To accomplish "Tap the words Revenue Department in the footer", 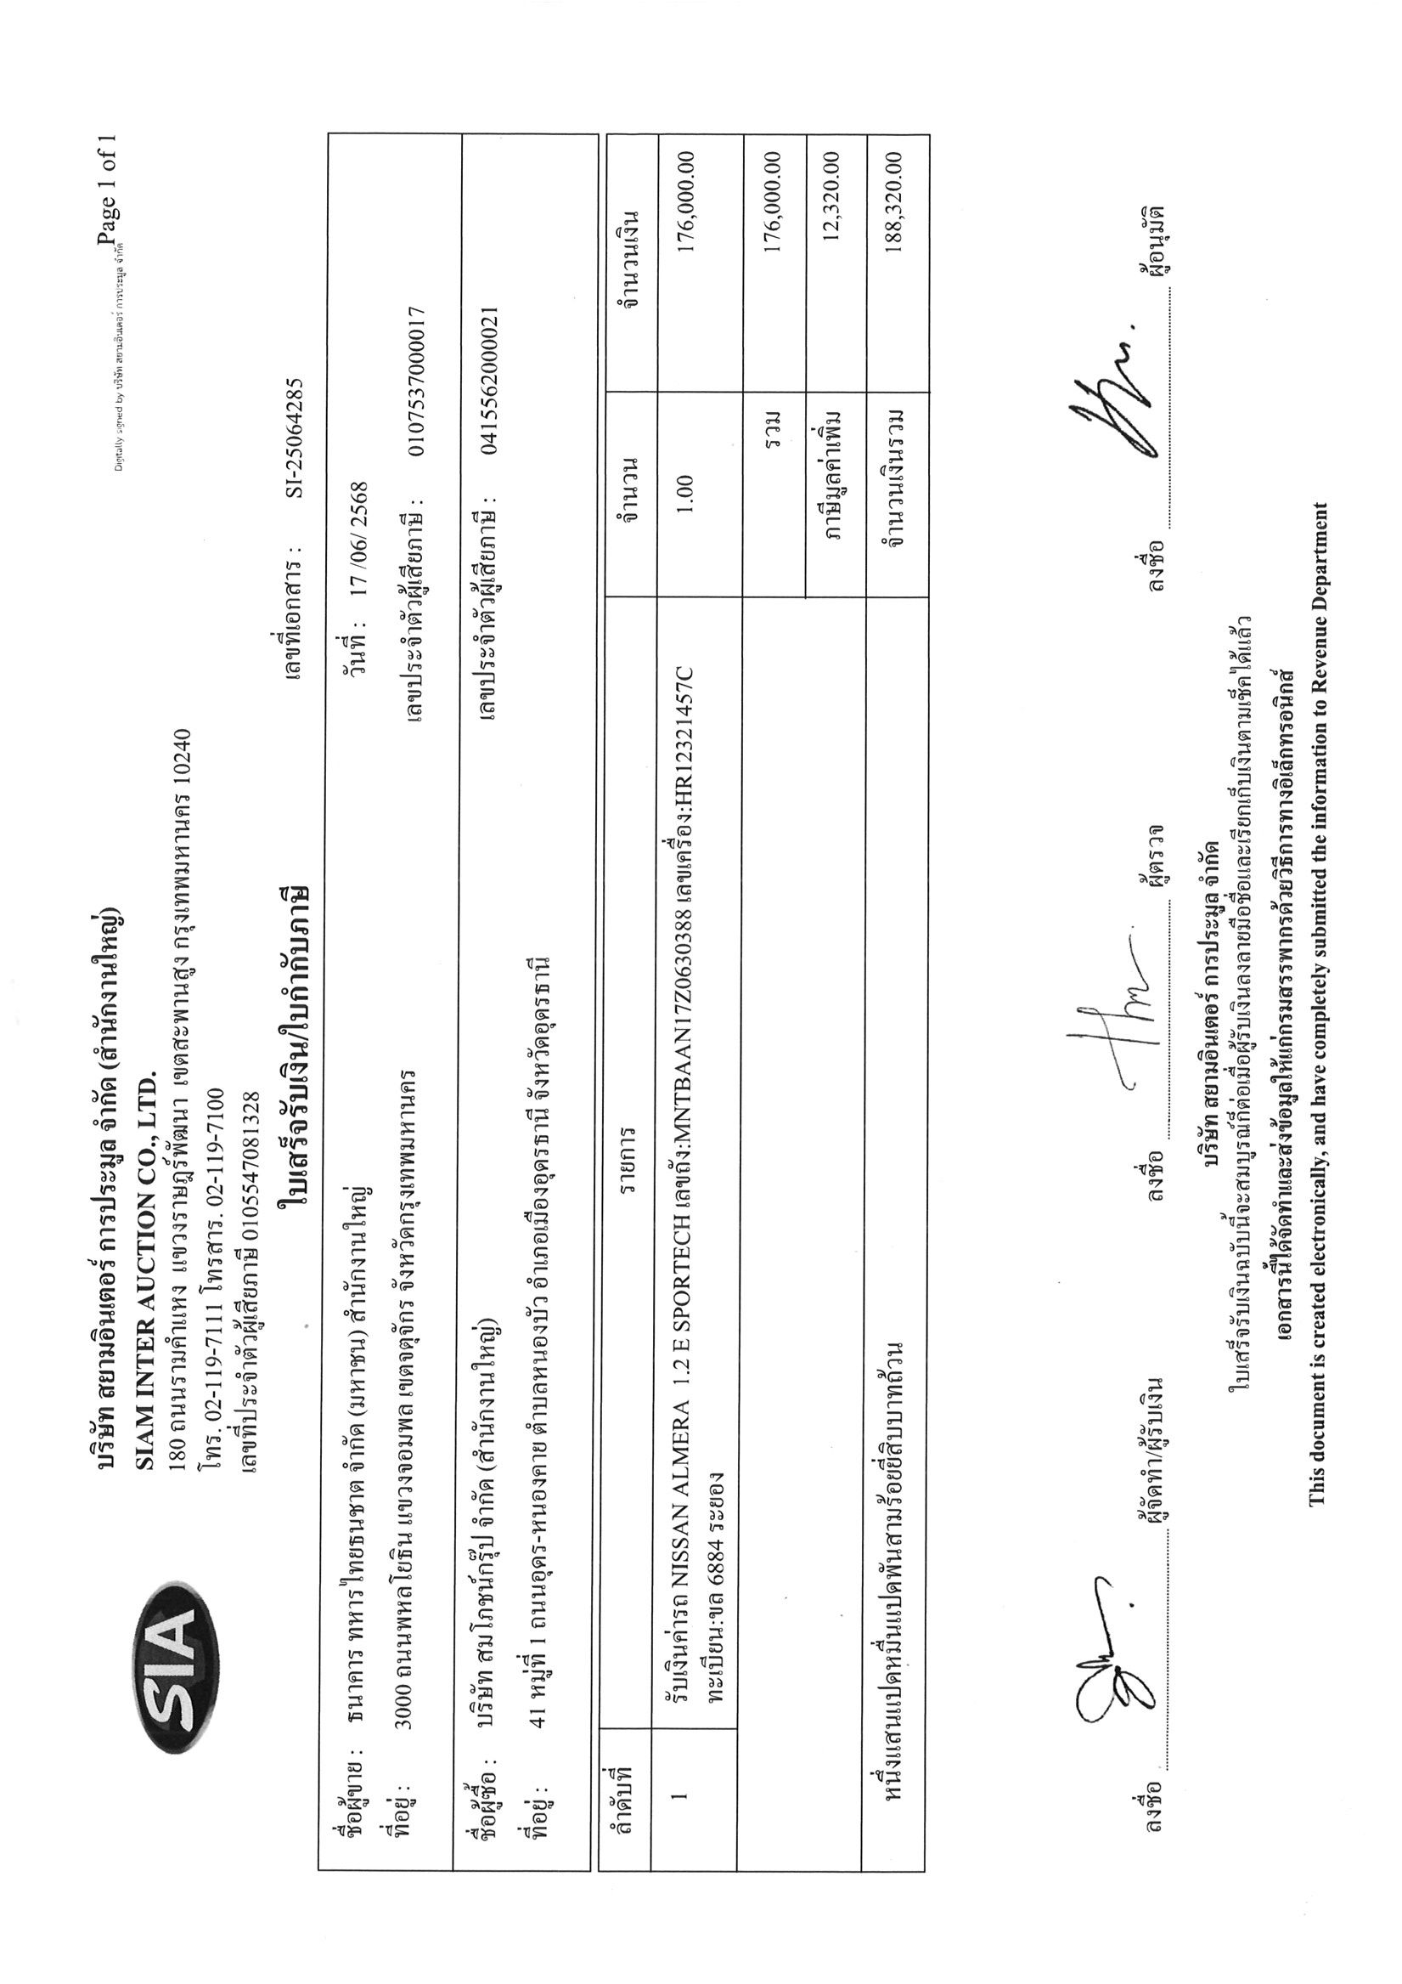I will pos(1316,596).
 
